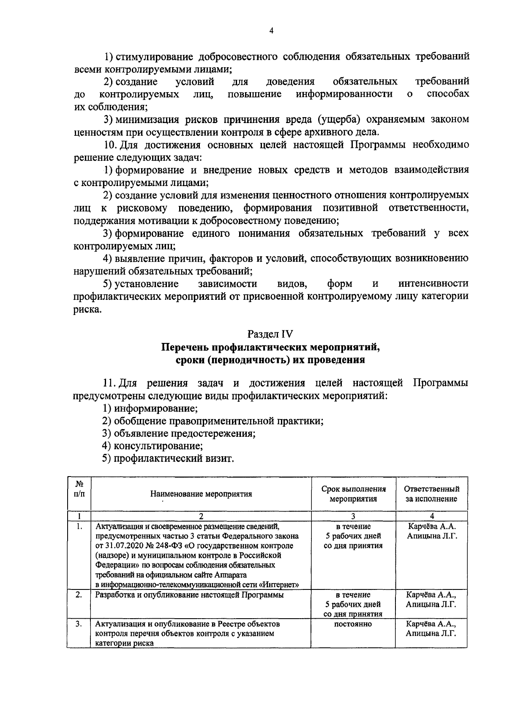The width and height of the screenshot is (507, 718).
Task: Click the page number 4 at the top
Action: (x=271, y=30)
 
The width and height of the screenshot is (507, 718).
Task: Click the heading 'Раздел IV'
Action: (x=270, y=334)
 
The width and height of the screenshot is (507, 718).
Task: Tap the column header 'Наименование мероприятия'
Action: (x=201, y=494)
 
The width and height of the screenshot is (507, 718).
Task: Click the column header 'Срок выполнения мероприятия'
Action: (x=353, y=494)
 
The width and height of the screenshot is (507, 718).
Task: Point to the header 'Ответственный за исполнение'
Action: (x=431, y=494)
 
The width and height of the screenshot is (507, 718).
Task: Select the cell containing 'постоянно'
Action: (x=353, y=624)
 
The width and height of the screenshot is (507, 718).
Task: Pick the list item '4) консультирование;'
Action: (x=153, y=446)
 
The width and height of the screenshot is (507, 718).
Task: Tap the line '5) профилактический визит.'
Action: (x=168, y=458)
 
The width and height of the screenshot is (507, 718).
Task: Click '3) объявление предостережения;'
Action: (x=179, y=433)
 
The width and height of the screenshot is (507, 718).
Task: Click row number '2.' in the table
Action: (x=79, y=595)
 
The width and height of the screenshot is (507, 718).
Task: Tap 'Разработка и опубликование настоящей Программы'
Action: (x=189, y=595)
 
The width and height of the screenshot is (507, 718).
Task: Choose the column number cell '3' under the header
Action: (x=353, y=516)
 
